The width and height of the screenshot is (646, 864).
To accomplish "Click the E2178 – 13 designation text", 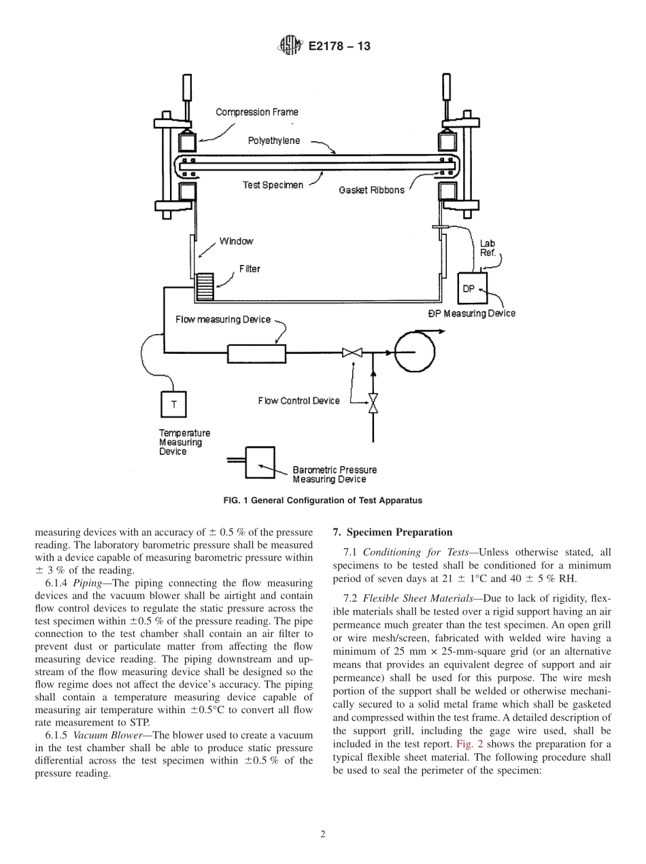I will (339, 47).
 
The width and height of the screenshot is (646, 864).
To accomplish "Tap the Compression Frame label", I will (256, 112).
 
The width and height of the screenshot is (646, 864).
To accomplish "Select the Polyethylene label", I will (273, 141).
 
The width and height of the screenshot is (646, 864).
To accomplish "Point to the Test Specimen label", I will (273, 185).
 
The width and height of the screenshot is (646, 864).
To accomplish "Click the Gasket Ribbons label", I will (371, 190).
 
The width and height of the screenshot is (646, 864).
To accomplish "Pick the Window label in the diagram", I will (236, 241).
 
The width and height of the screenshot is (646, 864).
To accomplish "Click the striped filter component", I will (204, 286).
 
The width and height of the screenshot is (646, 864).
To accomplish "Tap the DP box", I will (469, 289).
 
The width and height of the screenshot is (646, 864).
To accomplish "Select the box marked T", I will (173, 405).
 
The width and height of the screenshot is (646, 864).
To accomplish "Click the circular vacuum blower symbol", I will (414, 352).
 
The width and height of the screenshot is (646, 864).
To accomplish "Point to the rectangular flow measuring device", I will (256, 353).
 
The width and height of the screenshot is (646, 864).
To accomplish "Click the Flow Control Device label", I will (299, 401).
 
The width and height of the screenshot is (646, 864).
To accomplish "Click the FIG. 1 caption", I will (322, 501).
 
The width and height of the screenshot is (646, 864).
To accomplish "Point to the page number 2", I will (323, 835).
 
